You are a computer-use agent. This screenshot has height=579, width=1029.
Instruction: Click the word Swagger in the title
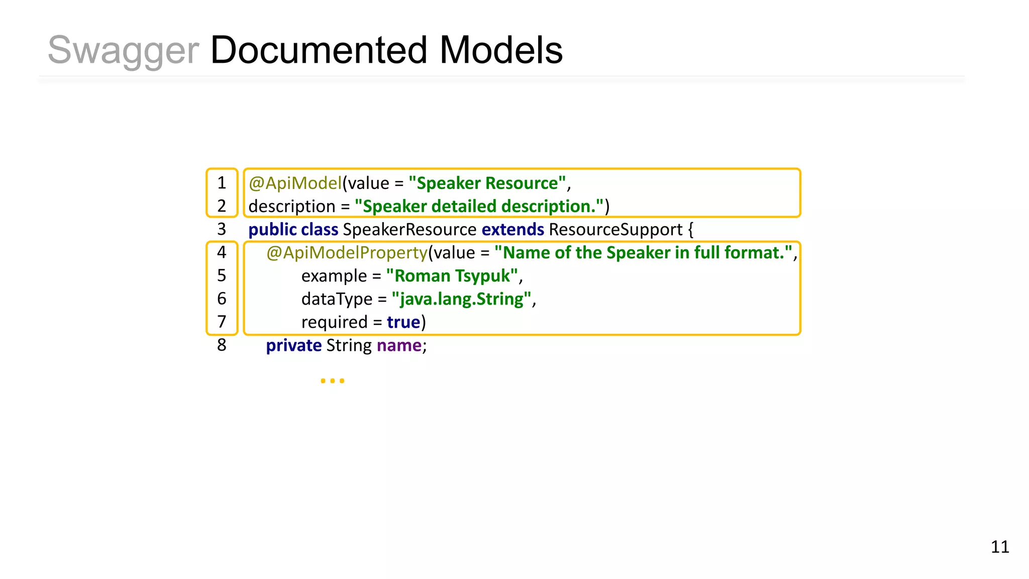(x=123, y=51)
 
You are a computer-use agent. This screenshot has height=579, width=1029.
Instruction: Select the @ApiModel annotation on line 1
(x=295, y=183)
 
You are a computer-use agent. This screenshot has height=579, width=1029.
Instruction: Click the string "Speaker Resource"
(x=487, y=183)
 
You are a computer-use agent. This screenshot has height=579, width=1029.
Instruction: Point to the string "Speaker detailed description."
(x=479, y=206)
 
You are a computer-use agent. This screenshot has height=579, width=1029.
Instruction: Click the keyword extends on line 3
(x=512, y=229)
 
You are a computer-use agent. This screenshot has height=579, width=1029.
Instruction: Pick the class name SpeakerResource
(x=409, y=229)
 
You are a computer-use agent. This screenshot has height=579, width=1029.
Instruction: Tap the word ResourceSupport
(x=615, y=229)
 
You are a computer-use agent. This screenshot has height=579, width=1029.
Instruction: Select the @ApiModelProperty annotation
(x=347, y=252)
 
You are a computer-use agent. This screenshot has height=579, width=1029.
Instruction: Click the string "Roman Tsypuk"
(x=452, y=275)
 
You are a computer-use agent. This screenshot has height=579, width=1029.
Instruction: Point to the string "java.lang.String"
(x=461, y=299)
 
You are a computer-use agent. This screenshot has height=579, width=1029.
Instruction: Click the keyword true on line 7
(x=403, y=322)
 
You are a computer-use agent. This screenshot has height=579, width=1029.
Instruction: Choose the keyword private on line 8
(x=293, y=345)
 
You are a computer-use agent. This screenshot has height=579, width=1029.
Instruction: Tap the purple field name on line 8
(x=399, y=345)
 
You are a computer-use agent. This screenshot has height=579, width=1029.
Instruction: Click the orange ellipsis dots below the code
(x=332, y=381)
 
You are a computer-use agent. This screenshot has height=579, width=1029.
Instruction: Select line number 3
(x=222, y=229)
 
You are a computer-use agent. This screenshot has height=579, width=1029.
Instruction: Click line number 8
(x=222, y=345)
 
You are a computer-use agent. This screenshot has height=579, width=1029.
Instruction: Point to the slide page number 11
(x=999, y=547)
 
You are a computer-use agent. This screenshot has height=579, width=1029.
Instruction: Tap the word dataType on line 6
(x=337, y=299)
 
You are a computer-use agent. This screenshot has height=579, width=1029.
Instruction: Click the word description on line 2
(x=291, y=206)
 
